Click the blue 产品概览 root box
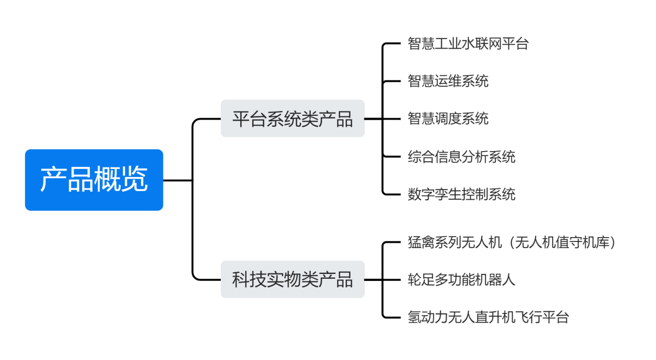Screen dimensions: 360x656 [94, 180]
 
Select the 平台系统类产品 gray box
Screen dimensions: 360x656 [292, 119]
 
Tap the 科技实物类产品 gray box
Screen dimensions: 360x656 [292, 279]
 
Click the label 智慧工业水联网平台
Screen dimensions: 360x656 [468, 44]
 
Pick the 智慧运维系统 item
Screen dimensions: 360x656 [448, 81]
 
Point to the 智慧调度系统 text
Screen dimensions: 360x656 [448, 119]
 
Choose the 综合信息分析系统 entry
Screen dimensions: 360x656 [461, 156]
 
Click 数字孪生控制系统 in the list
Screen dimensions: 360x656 [461, 194]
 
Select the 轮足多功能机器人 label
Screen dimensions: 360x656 [461, 279]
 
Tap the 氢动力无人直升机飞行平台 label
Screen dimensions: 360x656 [488, 317]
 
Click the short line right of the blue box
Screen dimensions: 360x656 [177, 180]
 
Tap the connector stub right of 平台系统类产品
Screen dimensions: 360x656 [373, 119]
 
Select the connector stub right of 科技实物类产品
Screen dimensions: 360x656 [373, 279]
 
